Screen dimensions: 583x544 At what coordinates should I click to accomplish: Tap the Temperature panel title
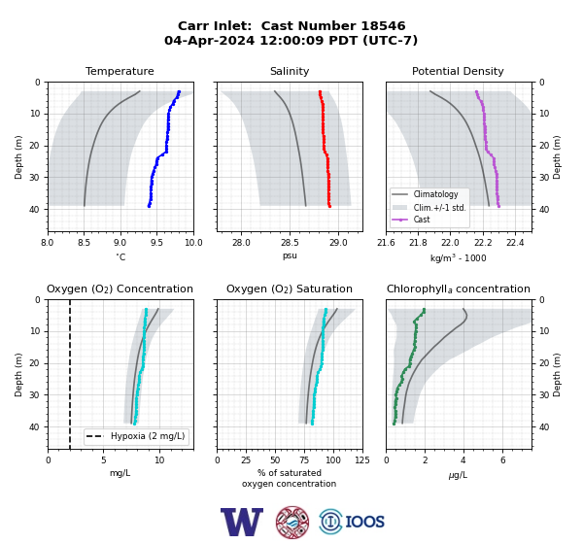120,71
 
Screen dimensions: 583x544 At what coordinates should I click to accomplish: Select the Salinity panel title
290,71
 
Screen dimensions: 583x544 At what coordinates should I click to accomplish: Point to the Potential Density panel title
458,71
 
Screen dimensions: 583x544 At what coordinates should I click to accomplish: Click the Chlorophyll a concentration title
459,289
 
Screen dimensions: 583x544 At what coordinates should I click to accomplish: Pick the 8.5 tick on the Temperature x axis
84,243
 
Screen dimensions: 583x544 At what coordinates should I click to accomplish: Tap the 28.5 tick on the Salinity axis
290,243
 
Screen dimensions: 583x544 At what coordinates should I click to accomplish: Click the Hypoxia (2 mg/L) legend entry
136,436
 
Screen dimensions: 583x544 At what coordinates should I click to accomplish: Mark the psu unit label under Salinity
290,255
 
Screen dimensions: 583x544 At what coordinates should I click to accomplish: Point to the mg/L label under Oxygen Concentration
120,473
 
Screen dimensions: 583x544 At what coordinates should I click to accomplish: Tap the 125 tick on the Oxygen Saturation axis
362,460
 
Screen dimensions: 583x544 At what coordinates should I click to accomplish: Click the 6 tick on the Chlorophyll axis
502,460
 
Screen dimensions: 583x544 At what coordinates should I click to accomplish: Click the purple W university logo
242,522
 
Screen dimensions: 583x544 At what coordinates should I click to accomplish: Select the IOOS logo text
364,522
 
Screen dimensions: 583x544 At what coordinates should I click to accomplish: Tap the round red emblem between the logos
292,522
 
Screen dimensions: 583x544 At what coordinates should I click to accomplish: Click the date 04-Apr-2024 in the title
210,40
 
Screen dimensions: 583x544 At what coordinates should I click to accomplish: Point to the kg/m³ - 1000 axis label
458,257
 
